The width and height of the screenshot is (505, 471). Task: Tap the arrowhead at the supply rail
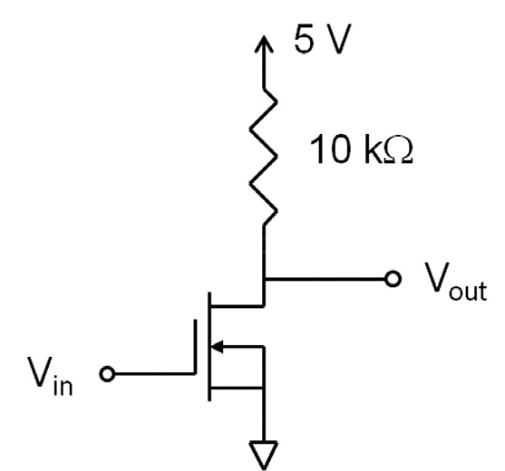point(265,44)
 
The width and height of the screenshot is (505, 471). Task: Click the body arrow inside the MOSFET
point(220,344)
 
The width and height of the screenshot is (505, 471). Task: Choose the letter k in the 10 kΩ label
point(373,149)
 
